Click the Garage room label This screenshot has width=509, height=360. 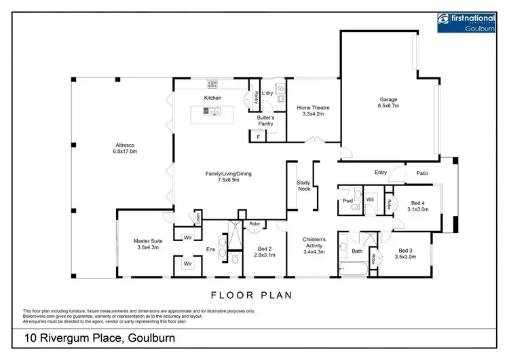[x=389, y=103]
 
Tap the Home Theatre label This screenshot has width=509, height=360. [x=313, y=111]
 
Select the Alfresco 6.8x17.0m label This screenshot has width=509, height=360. [x=125, y=148]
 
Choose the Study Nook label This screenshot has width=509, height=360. [x=303, y=186]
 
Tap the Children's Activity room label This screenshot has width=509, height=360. [x=313, y=246]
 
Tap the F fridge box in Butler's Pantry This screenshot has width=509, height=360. [x=258, y=137]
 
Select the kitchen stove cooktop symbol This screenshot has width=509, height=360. [x=212, y=84]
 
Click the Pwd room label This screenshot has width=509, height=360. [x=347, y=201]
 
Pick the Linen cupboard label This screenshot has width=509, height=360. [x=198, y=218]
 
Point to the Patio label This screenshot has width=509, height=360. [x=422, y=173]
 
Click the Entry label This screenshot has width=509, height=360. [x=381, y=173]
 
